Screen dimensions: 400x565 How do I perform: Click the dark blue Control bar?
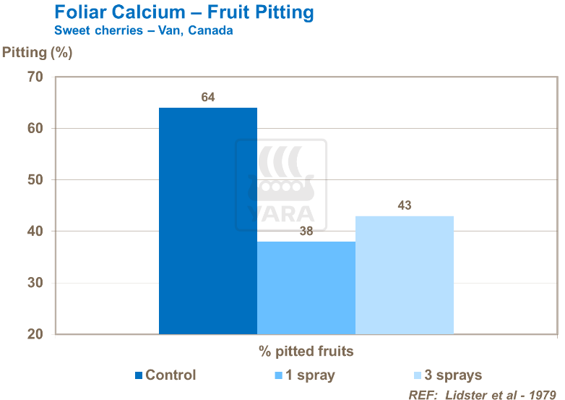click(x=208, y=221)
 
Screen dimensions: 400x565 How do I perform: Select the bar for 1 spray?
click(x=306, y=288)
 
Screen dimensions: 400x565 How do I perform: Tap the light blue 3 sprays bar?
click(x=405, y=275)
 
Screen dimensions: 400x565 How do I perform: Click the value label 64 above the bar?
click(x=208, y=98)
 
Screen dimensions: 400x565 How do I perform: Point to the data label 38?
click(x=306, y=231)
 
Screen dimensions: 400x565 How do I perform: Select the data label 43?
click(x=405, y=205)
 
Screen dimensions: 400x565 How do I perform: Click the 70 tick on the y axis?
click(x=35, y=77)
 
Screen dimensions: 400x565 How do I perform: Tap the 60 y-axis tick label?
click(x=35, y=129)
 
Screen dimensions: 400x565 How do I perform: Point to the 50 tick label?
click(x=35, y=180)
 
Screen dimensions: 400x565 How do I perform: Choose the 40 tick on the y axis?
click(x=35, y=231)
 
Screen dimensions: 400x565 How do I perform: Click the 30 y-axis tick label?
click(x=35, y=284)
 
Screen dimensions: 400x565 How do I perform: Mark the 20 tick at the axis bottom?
click(x=35, y=335)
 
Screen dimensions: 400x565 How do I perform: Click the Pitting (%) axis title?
click(x=38, y=52)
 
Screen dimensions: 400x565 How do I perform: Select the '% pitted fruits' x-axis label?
click(x=306, y=352)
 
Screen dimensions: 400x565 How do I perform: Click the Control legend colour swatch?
click(x=139, y=375)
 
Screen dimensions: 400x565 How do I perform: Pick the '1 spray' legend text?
click(x=311, y=375)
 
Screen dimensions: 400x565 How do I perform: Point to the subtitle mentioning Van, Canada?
click(x=144, y=31)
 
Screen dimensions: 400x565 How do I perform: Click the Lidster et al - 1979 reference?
click(x=483, y=395)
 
